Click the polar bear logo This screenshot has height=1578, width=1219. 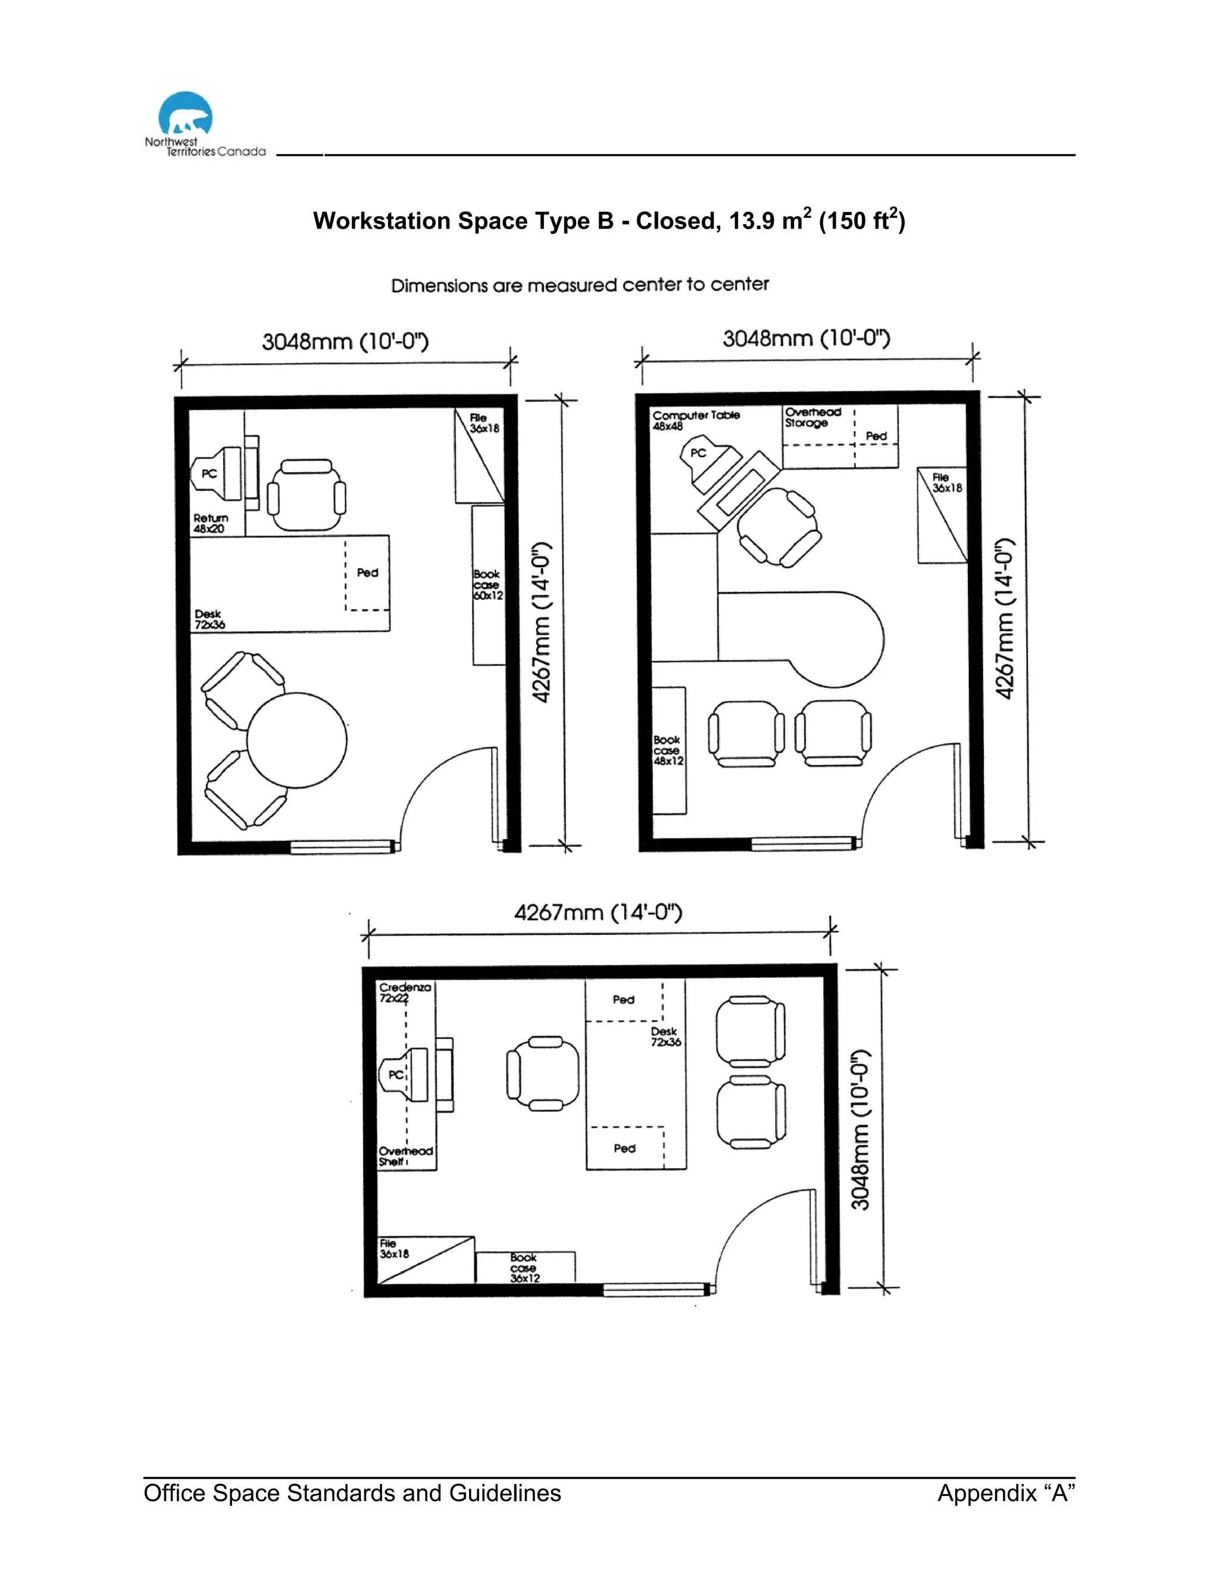pos(186,114)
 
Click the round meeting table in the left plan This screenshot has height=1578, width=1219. pos(297,740)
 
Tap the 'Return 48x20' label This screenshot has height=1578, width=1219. pos(210,523)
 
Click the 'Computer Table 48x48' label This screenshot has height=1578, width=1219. pos(695,420)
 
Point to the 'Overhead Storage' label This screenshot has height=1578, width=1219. pos(812,417)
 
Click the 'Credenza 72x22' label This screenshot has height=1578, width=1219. pos(404,992)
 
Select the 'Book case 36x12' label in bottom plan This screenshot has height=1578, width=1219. pos(524,1267)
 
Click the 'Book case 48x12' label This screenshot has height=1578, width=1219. pos(667,750)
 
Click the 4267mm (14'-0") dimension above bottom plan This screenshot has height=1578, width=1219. pos(598,912)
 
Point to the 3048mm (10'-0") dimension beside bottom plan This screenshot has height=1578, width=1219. pos(860,1129)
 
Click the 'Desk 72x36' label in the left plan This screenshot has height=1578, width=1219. pos(209,619)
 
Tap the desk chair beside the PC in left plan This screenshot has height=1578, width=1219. pos(306,497)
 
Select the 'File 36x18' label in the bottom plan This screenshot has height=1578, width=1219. pos(393,1249)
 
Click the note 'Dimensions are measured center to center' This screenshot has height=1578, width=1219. pos(579,285)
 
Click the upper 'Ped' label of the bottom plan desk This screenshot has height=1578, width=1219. pos(623,1000)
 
